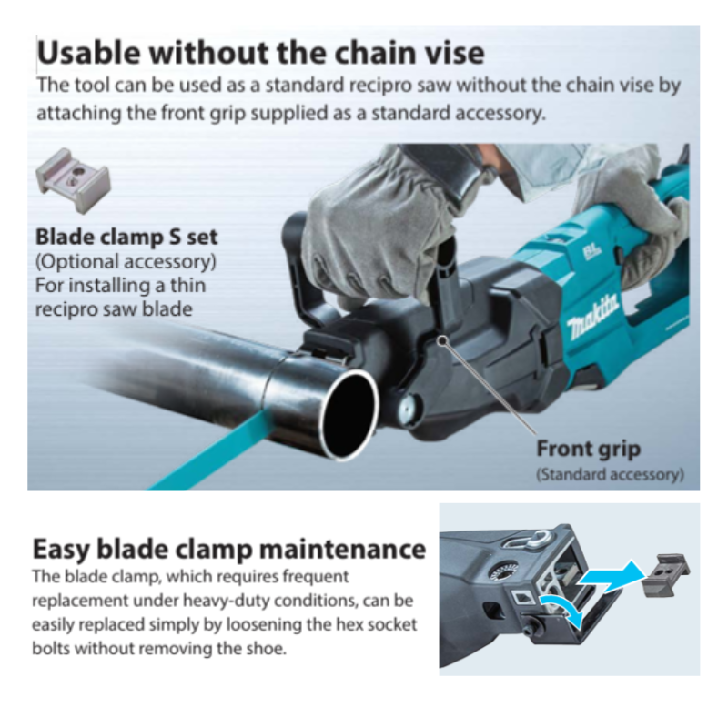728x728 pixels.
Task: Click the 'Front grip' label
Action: pos(588,449)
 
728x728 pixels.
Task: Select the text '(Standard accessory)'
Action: pos(610,474)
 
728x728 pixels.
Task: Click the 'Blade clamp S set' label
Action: pos(126,238)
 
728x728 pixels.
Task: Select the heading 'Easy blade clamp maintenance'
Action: pos(228,550)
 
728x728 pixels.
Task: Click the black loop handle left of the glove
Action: pos(300,264)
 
